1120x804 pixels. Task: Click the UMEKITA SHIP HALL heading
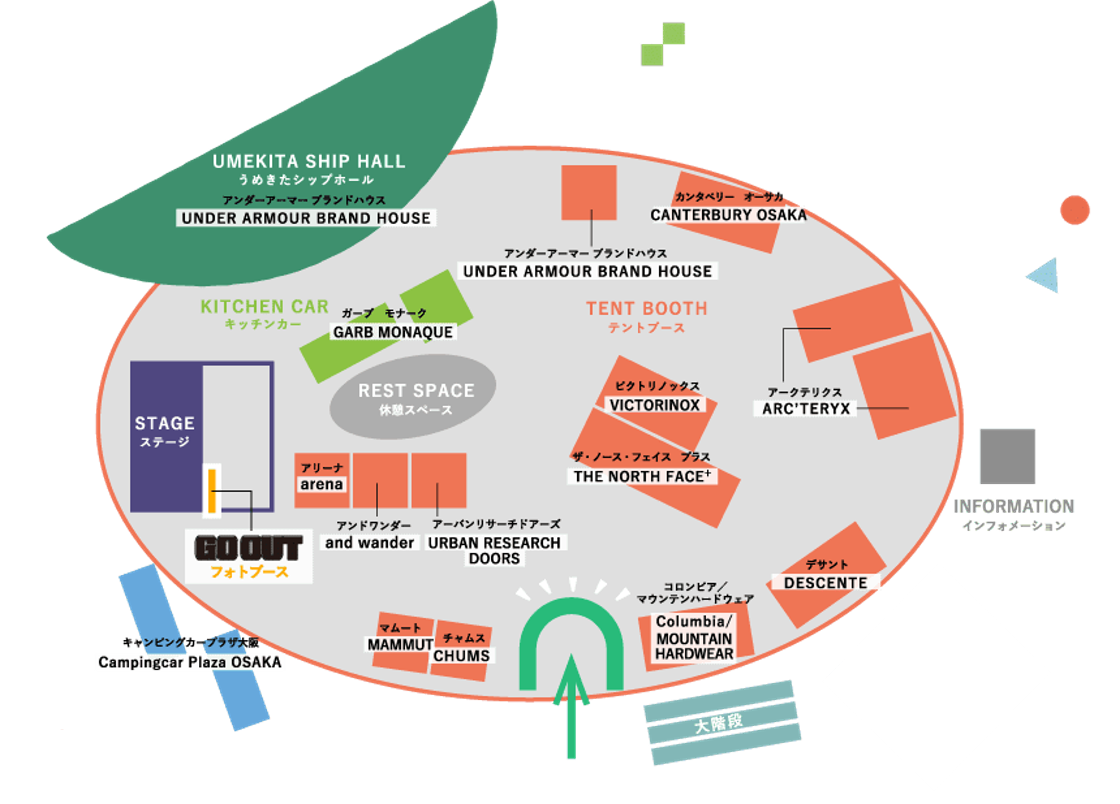click(x=308, y=161)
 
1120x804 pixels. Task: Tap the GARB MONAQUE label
click(x=393, y=332)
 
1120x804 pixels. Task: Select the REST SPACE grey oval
click(x=413, y=397)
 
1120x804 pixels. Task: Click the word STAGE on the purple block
click(x=164, y=423)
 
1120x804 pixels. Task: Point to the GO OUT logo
click(x=249, y=548)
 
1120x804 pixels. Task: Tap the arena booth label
click(x=321, y=484)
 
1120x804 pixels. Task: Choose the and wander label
click(x=369, y=543)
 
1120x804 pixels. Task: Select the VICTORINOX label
click(x=655, y=405)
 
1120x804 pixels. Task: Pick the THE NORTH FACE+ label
click(x=642, y=476)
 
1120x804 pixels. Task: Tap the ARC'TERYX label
click(x=806, y=409)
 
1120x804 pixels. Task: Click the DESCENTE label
click(x=825, y=583)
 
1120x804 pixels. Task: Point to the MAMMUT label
click(x=400, y=644)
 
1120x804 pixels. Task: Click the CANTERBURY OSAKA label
click(x=728, y=215)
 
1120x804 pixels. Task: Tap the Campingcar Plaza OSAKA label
click(x=190, y=662)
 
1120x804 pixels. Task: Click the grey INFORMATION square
click(x=1007, y=456)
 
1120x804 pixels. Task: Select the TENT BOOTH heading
click(x=647, y=309)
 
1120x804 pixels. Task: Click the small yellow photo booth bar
click(x=212, y=491)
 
